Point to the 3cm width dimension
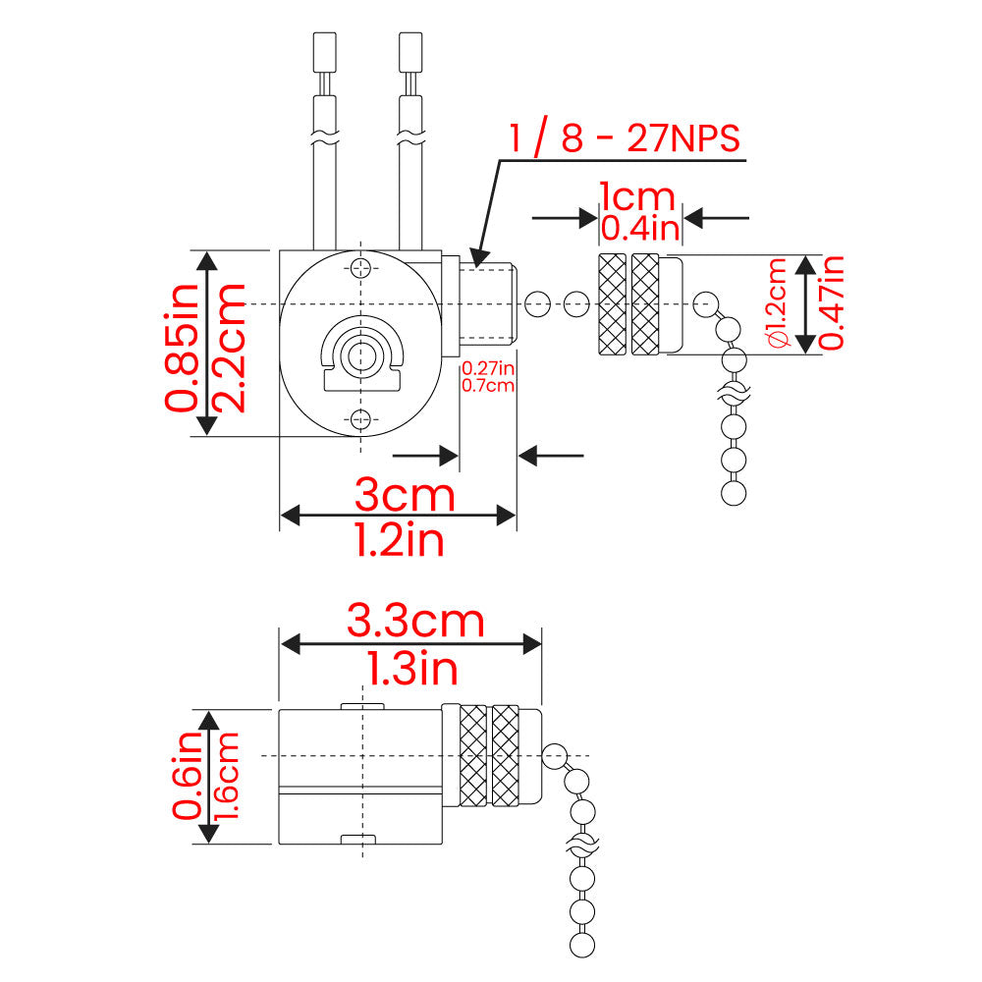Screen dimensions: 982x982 pyautogui.click(x=405, y=494)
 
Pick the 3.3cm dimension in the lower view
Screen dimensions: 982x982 pyautogui.click(x=415, y=621)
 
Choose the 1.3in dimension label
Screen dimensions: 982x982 pyautogui.click(x=412, y=670)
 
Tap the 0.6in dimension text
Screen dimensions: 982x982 pyautogui.click(x=187, y=776)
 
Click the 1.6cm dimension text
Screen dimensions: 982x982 pyautogui.click(x=228, y=776)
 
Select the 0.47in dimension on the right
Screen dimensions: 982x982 pyautogui.click(x=833, y=303)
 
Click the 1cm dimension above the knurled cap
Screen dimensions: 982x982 pyautogui.click(x=637, y=196)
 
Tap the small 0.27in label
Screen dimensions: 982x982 pyautogui.click(x=488, y=368)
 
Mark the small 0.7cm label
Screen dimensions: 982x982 pyautogui.click(x=488, y=385)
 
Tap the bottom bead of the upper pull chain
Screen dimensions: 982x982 pyautogui.click(x=734, y=492)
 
